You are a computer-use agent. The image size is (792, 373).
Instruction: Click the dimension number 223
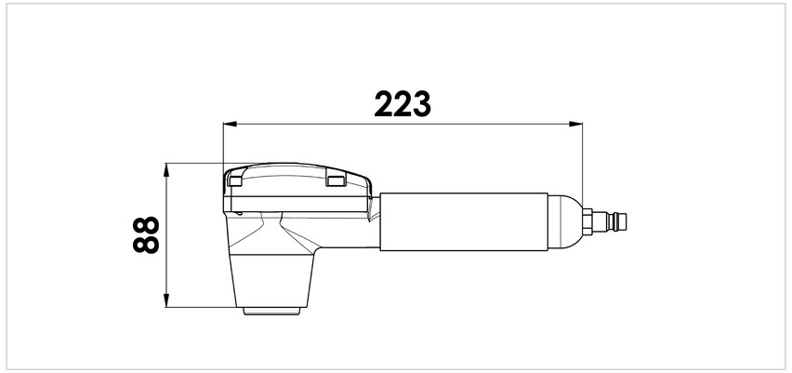(x=403, y=104)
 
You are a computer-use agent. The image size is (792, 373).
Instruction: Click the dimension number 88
(x=146, y=234)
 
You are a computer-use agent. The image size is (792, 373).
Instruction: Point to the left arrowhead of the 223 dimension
(x=230, y=124)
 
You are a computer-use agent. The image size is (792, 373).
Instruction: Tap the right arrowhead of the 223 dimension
(x=575, y=124)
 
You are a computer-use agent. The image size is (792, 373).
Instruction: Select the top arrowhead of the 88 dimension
(x=166, y=170)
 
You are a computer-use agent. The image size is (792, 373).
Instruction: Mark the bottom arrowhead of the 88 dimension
(x=166, y=300)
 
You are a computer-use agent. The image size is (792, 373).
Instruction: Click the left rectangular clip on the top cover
(x=234, y=181)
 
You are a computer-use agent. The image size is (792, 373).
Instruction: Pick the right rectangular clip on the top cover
(x=336, y=181)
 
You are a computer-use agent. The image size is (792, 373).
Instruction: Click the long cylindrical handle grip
(x=464, y=221)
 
